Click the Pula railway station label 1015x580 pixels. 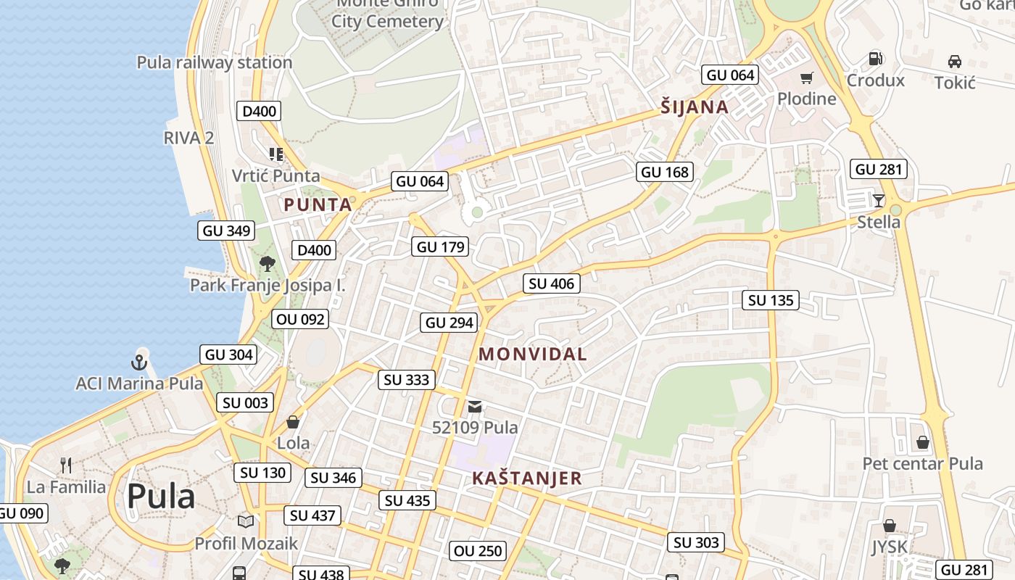coord(215,62)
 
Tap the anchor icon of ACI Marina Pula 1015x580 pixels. coord(139,361)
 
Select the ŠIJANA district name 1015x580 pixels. coord(695,107)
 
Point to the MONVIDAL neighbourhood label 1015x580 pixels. coord(533,355)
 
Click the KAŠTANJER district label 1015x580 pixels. coord(527,478)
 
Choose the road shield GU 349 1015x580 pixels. coord(227,231)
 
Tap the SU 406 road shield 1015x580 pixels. coord(552,283)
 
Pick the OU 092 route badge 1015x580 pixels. coord(301,319)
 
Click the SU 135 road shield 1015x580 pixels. coord(770,300)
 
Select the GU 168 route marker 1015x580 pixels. coord(666,172)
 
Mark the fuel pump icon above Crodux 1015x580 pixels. coord(876,59)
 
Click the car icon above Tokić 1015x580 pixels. coord(955,62)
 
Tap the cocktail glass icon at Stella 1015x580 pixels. coord(879,200)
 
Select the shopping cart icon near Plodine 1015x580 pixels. coord(806,78)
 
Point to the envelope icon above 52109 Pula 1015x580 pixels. coord(475,406)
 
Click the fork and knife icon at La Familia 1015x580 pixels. coord(66,465)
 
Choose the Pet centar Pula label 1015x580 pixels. coord(922,464)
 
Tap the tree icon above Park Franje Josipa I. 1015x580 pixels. coord(268,263)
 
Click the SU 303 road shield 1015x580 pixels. coord(696,542)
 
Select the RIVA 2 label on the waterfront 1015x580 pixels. coord(188,138)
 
